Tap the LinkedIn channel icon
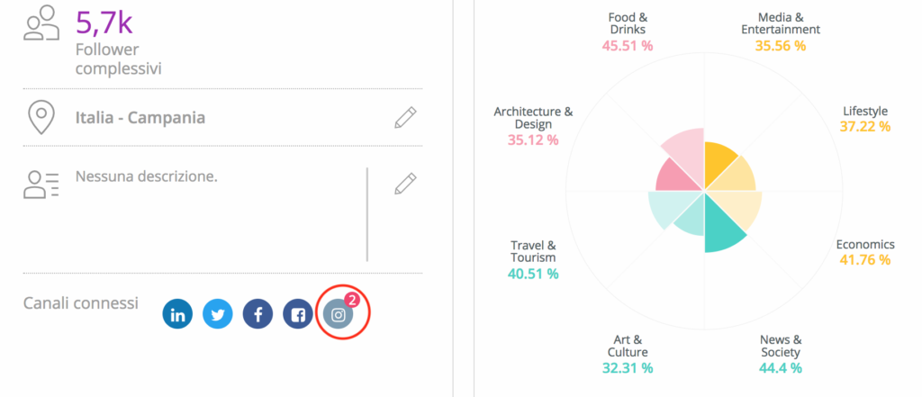pos(177,314)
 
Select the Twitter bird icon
pos(217,314)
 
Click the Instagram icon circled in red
pos(338,315)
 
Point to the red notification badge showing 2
pos(352,301)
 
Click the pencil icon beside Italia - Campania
pos(406,117)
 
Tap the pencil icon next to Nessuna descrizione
pos(406,184)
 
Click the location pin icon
pos(41,117)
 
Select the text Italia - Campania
pos(140,118)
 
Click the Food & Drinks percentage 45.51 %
pos(628,45)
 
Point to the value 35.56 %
pos(780,45)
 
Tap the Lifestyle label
pos(865,111)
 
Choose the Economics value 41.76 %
pos(864,260)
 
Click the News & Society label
pos(780,346)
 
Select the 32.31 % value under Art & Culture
pos(628,367)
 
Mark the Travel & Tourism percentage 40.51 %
pos(533,274)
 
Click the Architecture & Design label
pos(533,117)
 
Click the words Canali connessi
pos(81,303)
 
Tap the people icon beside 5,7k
pos(41,23)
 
